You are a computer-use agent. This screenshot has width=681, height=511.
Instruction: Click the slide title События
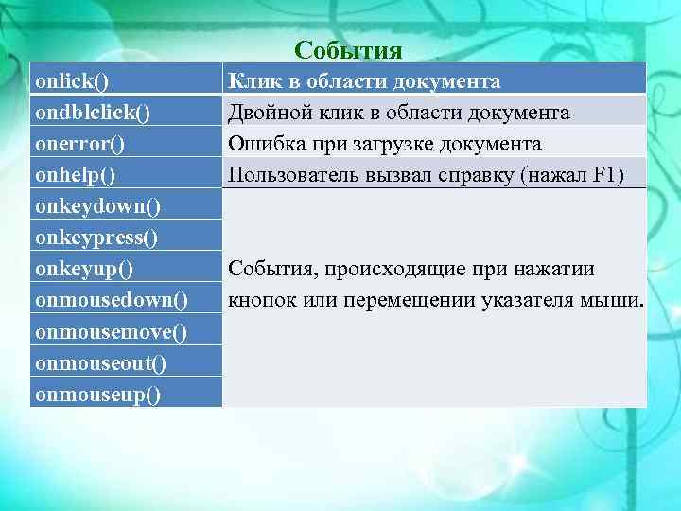348,49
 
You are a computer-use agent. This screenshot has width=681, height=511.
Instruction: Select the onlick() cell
72,82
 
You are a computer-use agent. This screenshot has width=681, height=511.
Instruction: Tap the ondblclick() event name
93,114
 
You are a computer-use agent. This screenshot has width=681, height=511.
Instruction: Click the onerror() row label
81,145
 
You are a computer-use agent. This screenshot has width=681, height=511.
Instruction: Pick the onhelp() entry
76,176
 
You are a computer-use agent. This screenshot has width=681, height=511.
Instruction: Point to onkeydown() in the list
96,206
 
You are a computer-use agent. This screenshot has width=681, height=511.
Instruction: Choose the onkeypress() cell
96,238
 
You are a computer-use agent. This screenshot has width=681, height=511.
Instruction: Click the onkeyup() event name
84,269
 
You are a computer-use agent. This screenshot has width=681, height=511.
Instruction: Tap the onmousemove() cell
111,331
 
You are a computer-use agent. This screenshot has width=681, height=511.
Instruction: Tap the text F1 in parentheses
604,176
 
